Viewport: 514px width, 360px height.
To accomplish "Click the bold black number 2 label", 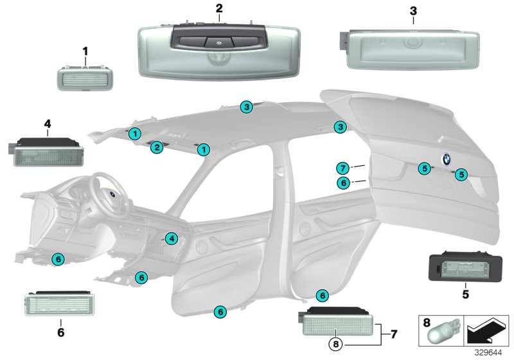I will [219, 8].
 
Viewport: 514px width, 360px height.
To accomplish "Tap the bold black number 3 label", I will [412, 11].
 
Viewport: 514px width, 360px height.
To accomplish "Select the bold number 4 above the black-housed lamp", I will [48, 122].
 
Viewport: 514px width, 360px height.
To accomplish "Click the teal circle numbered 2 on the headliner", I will [156, 148].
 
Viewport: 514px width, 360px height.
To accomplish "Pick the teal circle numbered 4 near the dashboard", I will [170, 239].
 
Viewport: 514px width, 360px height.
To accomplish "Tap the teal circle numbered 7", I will [344, 168].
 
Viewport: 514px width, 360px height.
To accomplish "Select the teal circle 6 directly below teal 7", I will [344, 183].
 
